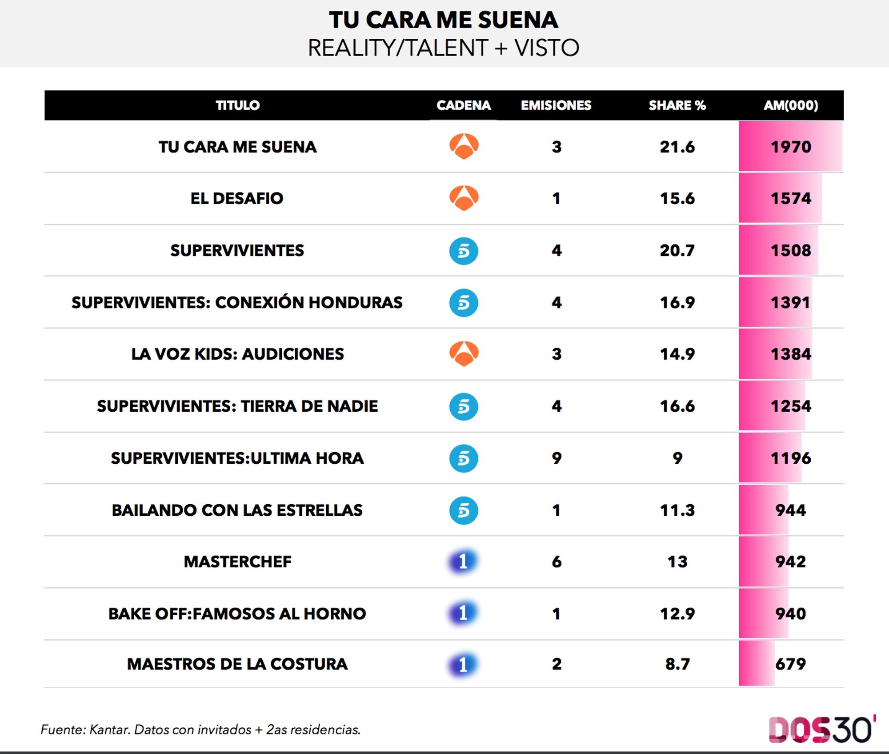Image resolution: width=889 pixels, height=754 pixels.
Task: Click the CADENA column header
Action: pyautogui.click(x=463, y=105)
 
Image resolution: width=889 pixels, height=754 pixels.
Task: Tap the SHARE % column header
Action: pyautogui.click(x=677, y=105)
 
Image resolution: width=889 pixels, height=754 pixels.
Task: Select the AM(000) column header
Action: pyautogui.click(x=791, y=105)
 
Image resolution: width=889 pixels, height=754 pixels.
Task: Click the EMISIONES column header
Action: pyautogui.click(x=556, y=105)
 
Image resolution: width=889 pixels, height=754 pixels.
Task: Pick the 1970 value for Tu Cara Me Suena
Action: pyautogui.click(x=791, y=147)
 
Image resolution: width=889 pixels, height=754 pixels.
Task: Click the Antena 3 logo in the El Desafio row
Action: pyautogui.click(x=464, y=198)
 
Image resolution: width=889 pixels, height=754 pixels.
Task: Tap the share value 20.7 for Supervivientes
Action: pyautogui.click(x=677, y=250)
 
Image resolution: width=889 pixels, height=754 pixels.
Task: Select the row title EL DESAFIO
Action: pyautogui.click(x=237, y=198)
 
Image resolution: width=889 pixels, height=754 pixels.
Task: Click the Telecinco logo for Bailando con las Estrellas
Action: pyautogui.click(x=464, y=510)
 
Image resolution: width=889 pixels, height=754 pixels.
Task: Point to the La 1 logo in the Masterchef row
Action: pyautogui.click(x=463, y=561)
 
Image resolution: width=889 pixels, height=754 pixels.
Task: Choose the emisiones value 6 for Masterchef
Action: pyautogui.click(x=557, y=562)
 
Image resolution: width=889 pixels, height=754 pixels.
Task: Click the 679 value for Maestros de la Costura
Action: pyautogui.click(x=790, y=664)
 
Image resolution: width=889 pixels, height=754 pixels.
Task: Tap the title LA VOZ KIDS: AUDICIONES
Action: pyautogui.click(x=237, y=354)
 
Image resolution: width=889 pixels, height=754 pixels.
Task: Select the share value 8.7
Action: pyautogui.click(x=677, y=664)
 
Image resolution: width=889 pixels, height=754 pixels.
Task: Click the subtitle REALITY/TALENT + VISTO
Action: pyautogui.click(x=444, y=48)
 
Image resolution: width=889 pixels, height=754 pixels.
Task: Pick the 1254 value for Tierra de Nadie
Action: pyautogui.click(x=791, y=406)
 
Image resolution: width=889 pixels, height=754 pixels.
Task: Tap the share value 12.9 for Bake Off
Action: pyautogui.click(x=677, y=614)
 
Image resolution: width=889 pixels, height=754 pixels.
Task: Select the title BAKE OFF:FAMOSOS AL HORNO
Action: pyautogui.click(x=237, y=614)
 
